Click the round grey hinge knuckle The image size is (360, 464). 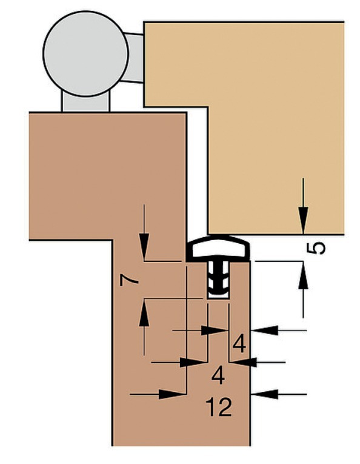pos(85,53)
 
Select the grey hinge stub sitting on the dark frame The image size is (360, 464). pos(85,102)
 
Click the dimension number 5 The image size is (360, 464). pos(316,248)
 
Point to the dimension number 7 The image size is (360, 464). pos(129,280)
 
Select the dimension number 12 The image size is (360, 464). pos(219,407)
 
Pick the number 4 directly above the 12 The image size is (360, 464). pos(218,375)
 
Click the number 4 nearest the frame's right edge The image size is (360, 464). pos(239,343)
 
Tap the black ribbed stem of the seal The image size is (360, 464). pos(218,277)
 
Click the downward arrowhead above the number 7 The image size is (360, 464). pos(144,247)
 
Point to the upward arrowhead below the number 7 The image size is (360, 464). pos(144,313)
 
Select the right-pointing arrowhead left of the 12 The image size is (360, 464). pos(172,394)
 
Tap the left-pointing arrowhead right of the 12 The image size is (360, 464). pos(264,394)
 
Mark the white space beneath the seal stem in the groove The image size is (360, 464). pos(219,296)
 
